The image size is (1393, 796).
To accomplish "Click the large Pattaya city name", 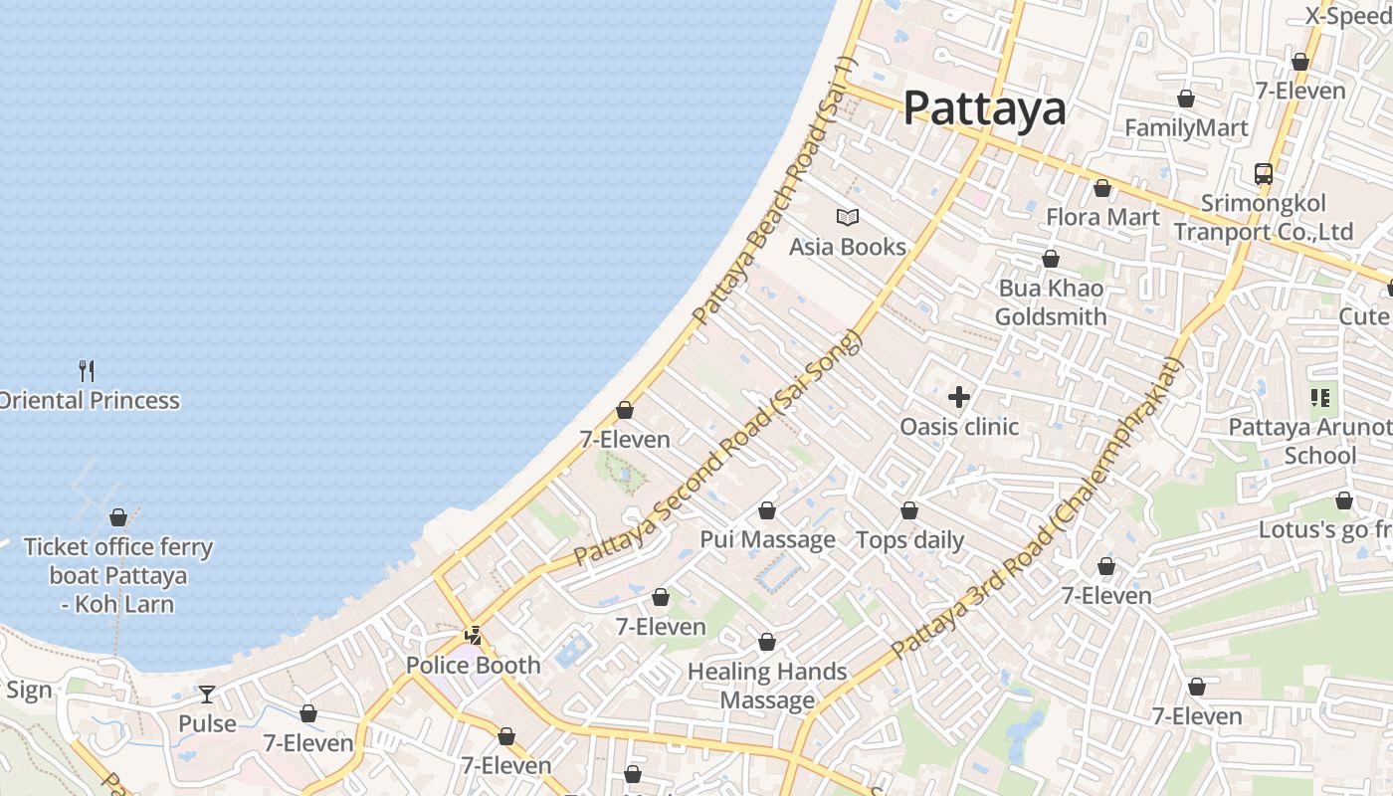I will click(984, 107).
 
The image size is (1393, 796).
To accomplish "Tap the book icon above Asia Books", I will click(848, 217).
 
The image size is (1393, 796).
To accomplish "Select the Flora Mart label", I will click(1102, 217).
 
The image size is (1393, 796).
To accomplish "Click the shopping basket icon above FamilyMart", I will click(1185, 99).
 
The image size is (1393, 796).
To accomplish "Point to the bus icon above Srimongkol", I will click(1263, 174).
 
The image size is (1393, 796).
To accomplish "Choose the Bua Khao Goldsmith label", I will click(1051, 302).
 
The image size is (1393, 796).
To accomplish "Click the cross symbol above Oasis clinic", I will click(959, 398).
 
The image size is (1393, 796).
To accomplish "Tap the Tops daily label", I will click(909, 540).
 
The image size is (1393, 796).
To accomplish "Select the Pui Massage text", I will click(767, 540).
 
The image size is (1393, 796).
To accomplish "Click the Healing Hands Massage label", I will click(767, 686).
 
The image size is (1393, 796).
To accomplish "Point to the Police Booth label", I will click(474, 665).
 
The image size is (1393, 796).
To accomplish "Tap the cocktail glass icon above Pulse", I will click(207, 695).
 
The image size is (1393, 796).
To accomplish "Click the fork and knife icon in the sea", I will click(87, 371).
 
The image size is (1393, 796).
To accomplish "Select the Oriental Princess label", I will click(90, 400).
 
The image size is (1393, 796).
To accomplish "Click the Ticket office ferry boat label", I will click(117, 575).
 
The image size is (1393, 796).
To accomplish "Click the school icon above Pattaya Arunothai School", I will click(1320, 398).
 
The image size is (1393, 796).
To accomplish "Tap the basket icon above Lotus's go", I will click(1344, 500).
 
